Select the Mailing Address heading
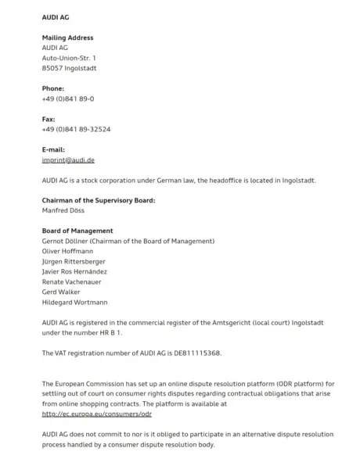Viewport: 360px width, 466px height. coord(67,38)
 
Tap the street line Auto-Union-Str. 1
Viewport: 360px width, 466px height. coord(69,58)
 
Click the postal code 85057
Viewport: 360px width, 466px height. coord(53,68)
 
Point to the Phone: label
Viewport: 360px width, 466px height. coord(53,88)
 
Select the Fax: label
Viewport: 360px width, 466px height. coord(49,119)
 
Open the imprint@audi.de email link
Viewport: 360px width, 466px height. coord(68,160)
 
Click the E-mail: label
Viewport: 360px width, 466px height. coord(53,149)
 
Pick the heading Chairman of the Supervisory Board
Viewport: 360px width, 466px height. coord(99,200)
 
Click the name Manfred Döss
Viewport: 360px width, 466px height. coord(64,210)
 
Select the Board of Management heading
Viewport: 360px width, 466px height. coord(77,231)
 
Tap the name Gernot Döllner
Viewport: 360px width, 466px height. coord(66,241)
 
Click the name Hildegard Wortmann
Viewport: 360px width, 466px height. coord(74,302)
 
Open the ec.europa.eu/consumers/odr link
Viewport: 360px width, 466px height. coord(96,414)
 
